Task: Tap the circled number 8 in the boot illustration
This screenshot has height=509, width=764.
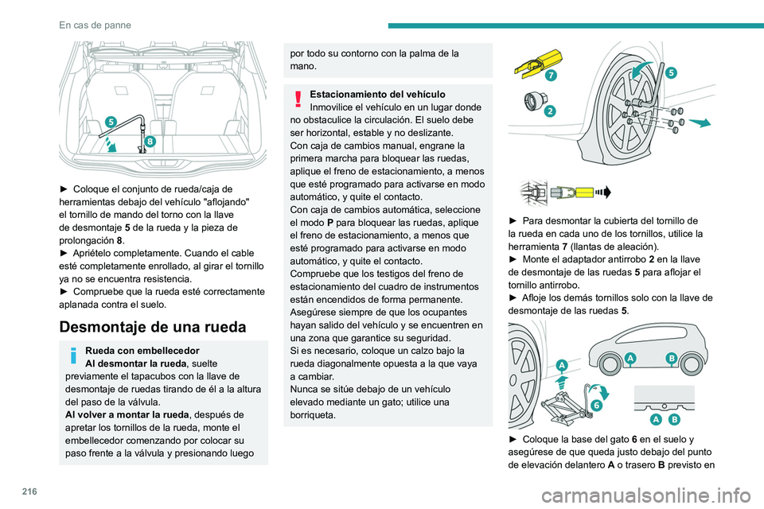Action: coord(150,141)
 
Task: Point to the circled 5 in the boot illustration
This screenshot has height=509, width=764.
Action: coord(111,122)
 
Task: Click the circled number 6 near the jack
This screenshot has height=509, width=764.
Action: coord(596,405)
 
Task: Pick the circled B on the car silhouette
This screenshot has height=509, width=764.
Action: coord(671,359)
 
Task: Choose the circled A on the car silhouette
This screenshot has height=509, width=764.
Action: coord(630,358)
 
